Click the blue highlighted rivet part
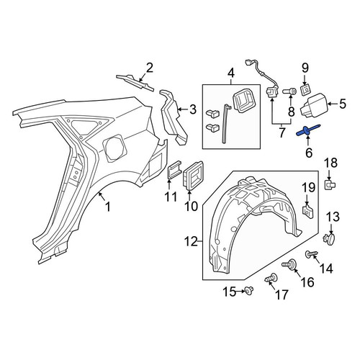(308, 130)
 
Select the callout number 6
(309, 153)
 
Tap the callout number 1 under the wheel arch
(108, 207)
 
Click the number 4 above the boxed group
(231, 73)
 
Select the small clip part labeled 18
(330, 185)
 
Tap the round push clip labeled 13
(329, 239)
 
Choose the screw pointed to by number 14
(311, 254)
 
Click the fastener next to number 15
(249, 291)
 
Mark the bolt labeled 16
(290, 264)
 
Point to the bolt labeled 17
(271, 279)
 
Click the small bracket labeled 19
(307, 209)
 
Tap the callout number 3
(192, 109)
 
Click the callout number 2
(149, 68)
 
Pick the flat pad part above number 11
(175, 169)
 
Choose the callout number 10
(191, 206)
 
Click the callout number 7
(282, 132)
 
